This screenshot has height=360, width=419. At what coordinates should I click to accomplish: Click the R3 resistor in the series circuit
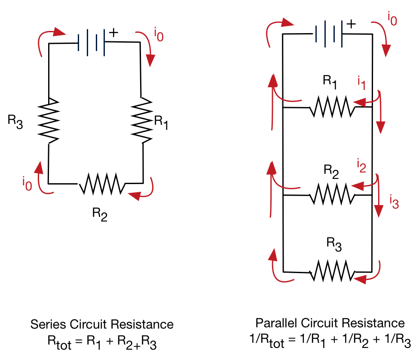(50, 121)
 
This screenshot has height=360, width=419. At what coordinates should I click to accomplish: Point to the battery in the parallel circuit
(328, 34)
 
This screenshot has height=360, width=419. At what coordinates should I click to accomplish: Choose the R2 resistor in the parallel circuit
(331, 194)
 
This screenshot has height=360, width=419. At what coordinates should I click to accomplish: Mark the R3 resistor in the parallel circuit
(332, 271)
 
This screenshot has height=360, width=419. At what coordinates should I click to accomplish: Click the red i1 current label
(361, 83)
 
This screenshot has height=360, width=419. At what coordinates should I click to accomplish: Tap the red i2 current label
(361, 166)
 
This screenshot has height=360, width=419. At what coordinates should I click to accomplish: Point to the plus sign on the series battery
(113, 33)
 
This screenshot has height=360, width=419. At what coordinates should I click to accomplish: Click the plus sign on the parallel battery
(351, 24)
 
